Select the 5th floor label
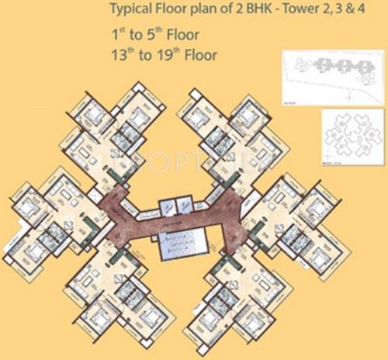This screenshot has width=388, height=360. (160, 34)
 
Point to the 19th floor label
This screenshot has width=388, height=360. (171, 56)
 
